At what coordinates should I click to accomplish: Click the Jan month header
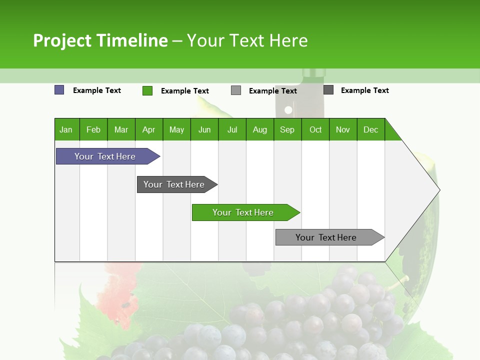66,129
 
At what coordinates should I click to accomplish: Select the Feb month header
93,129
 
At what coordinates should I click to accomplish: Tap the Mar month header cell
121,129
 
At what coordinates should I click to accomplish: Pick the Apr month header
149,129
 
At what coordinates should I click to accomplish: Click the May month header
176,129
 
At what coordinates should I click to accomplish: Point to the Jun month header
204,129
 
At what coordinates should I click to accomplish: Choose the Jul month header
232,129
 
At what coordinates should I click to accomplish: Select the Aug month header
260,129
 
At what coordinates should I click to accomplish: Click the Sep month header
287,129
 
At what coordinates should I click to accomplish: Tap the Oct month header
315,129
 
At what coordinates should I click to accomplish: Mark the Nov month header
343,129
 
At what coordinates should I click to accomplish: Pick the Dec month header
371,129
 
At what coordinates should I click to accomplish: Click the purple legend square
59,90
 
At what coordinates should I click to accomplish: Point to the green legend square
147,90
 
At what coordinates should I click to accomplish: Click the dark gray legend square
328,90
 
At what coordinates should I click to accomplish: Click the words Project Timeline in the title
100,40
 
